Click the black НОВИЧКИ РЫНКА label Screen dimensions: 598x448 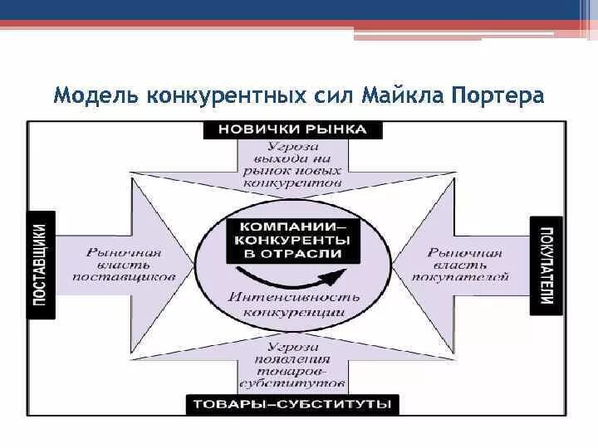(x=293, y=130)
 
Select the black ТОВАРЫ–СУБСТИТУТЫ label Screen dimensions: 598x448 (x=292, y=405)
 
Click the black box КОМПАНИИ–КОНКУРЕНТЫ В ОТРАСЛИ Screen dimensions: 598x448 (x=292, y=240)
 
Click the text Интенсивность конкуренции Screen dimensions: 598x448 (x=294, y=304)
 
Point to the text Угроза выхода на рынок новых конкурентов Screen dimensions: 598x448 (x=292, y=163)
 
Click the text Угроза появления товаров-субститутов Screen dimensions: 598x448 (x=292, y=366)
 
